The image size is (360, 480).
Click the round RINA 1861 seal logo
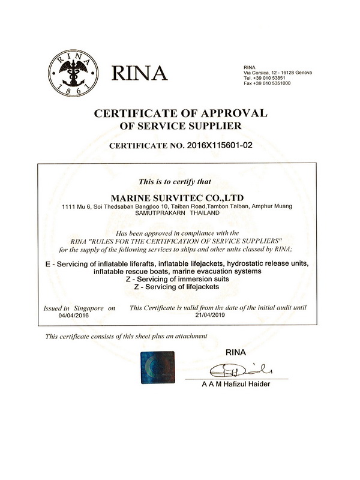point(71,70)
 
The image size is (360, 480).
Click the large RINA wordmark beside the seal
point(137,72)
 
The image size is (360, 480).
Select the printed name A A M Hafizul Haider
point(236,385)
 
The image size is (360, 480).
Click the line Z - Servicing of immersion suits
point(180,280)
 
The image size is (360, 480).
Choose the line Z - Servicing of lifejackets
point(180,287)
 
